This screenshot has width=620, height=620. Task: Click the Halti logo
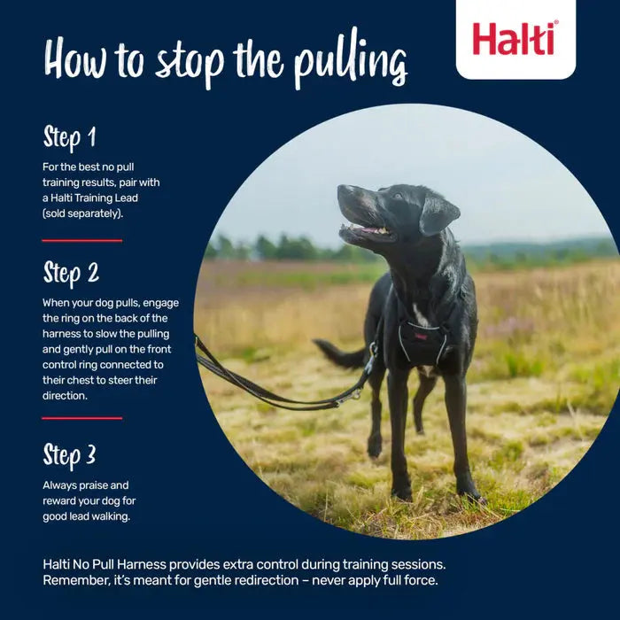(515, 38)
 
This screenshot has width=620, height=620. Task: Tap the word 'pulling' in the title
(353, 61)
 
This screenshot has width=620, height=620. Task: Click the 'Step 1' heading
(69, 138)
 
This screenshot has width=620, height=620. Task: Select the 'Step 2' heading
(71, 274)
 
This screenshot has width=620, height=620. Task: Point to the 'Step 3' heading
(69, 455)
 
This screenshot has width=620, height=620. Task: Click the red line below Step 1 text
(81, 240)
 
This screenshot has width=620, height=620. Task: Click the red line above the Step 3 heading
(81, 418)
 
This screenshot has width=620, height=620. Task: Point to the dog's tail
(338, 355)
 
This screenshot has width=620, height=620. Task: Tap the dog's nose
(342, 191)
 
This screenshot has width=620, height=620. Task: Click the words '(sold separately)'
(81, 213)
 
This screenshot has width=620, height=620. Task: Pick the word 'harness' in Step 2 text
(66, 333)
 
